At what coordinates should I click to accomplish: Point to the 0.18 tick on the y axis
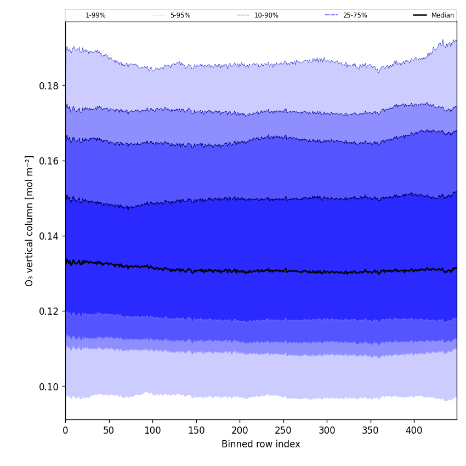49,86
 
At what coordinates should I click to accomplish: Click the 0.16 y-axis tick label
49,161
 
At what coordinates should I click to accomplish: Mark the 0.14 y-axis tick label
49,236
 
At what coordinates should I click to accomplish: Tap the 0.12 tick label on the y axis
49,311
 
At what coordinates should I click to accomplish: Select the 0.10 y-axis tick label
49,387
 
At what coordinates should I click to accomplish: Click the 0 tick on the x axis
65,430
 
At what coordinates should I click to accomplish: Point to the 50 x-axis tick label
109,430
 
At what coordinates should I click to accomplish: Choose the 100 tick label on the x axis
152,430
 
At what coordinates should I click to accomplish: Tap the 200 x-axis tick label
240,430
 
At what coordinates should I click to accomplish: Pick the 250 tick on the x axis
283,430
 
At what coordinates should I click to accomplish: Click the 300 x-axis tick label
327,430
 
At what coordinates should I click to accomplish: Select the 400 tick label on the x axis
414,430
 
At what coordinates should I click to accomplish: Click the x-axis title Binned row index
260,444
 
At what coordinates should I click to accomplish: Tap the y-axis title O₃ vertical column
30,220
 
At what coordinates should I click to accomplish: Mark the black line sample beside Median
420,15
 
